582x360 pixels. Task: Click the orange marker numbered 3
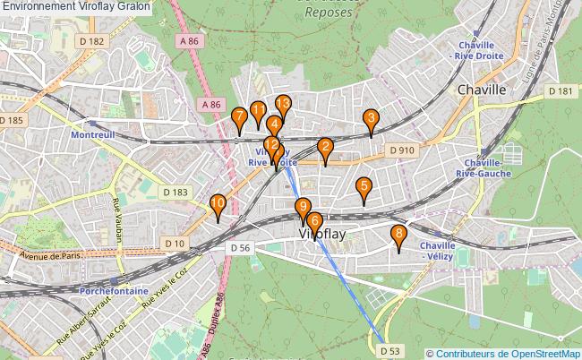click(x=370, y=120)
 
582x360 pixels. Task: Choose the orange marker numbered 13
click(x=283, y=106)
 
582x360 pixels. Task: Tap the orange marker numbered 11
click(x=258, y=113)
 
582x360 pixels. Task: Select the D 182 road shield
click(x=90, y=41)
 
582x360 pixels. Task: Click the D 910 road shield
click(x=401, y=150)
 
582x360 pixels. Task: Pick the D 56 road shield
click(x=238, y=248)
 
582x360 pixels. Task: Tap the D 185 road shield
click(x=12, y=120)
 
